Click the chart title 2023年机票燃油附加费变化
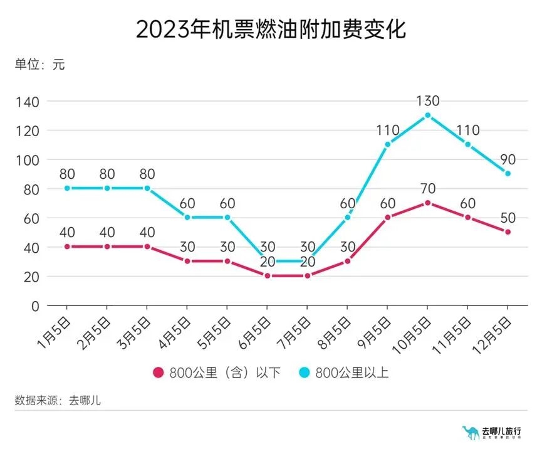[x=271, y=29]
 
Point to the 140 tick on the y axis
[x=29, y=102]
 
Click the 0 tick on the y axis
[x=36, y=305]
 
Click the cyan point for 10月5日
[x=427, y=115]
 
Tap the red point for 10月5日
[x=427, y=203]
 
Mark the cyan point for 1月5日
[x=66, y=188]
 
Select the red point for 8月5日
[x=347, y=261]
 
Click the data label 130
[x=427, y=101]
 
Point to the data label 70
[x=427, y=188]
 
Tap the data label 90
[x=508, y=159]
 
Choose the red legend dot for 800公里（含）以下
[x=159, y=373]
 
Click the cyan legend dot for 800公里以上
[x=304, y=373]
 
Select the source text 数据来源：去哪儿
[x=58, y=401]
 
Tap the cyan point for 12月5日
[x=508, y=174]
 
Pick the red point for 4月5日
[x=187, y=261]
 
